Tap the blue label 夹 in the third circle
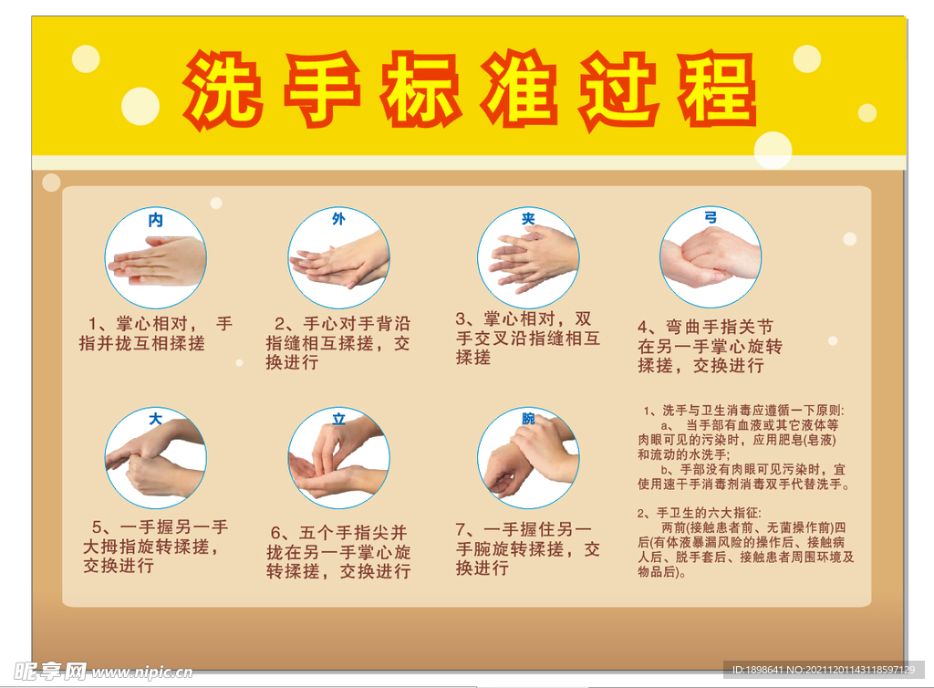coord(528,220)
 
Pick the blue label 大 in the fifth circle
coord(155,421)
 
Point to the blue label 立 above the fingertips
coord(338,420)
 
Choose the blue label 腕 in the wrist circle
coord(528,419)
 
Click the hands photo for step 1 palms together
coord(156,261)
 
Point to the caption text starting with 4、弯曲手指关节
coord(709,346)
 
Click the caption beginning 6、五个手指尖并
coord(339,552)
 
